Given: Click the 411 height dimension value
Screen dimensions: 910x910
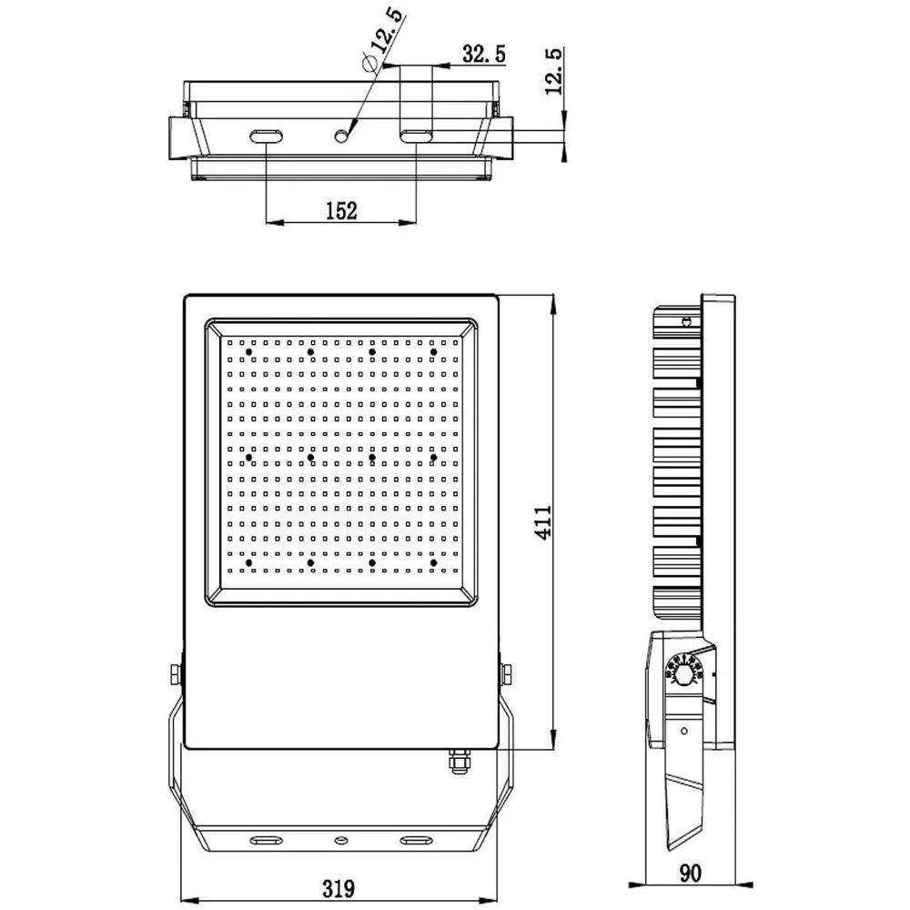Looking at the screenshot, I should click(x=542, y=522).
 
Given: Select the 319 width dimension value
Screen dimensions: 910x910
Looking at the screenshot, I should click(x=339, y=887).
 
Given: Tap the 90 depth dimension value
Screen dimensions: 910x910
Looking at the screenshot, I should click(x=691, y=875).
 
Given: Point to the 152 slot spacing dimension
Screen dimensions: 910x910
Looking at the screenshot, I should click(x=340, y=211).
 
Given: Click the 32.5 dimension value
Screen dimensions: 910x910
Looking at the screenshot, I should click(x=483, y=54).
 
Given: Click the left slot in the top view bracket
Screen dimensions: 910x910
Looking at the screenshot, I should click(x=267, y=136).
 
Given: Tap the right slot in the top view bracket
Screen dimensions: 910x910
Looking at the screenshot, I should click(x=416, y=136).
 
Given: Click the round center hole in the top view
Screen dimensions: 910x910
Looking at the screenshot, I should click(x=342, y=136).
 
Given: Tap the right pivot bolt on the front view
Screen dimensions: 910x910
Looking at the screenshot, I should click(x=506, y=674).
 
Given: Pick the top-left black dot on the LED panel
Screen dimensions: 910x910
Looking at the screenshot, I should click(x=248, y=350).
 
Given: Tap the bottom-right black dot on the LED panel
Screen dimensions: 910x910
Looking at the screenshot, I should click(x=434, y=564).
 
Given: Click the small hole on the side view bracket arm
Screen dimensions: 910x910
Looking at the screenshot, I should click(x=684, y=730).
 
